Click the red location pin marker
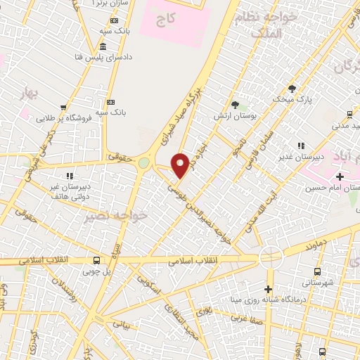click(181, 165)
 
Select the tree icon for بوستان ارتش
click(235, 104)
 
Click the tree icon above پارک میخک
click(292, 89)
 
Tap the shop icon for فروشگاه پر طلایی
click(63, 108)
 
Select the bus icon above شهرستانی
click(316, 271)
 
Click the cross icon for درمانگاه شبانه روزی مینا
click(267, 289)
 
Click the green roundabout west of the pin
click(144, 163)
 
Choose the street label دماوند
click(318, 247)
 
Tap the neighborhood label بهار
click(27, 93)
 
